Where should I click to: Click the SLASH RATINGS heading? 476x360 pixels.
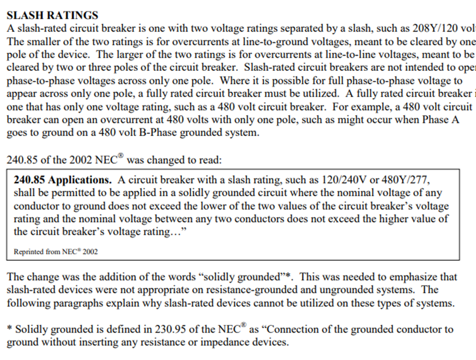click(52, 16)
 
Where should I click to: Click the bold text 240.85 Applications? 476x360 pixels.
click(63, 180)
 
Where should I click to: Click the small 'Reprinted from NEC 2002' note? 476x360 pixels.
click(56, 252)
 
